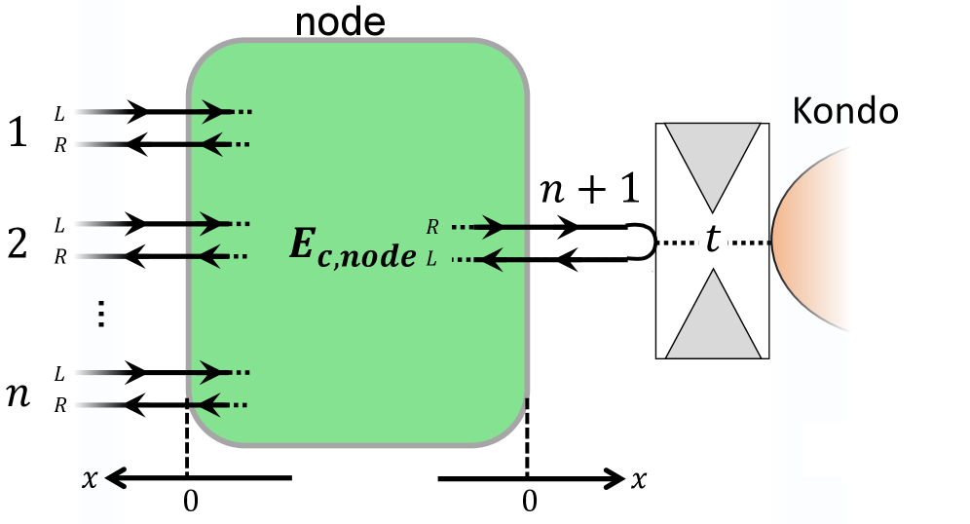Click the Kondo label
point(844,110)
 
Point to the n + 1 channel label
point(590,188)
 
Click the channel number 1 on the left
point(19,131)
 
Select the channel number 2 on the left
point(19,243)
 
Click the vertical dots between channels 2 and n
point(101,314)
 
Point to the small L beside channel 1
point(60,113)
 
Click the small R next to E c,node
point(431,228)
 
